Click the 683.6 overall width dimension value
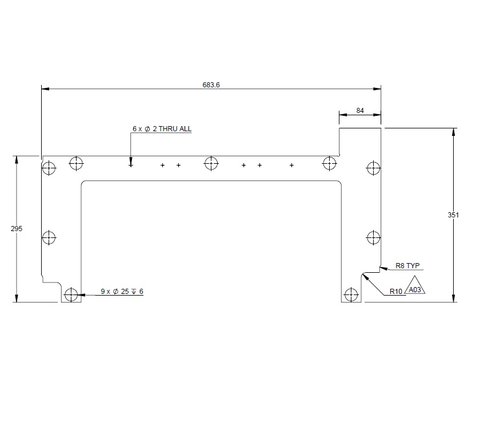pos(211,84)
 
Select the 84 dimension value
pos(360,111)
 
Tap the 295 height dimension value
pos(17,228)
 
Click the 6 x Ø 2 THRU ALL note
pos(162,130)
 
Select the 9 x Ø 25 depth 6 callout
pos(122,292)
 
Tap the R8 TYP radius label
pos(407,266)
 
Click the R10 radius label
pos(396,292)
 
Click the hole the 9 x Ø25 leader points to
pos(71,295)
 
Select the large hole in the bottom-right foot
pos(350,295)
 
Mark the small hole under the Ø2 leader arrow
pos(131,165)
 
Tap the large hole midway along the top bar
pos(211,163)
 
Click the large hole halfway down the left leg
pos(50,237)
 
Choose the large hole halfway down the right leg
pos(373,237)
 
